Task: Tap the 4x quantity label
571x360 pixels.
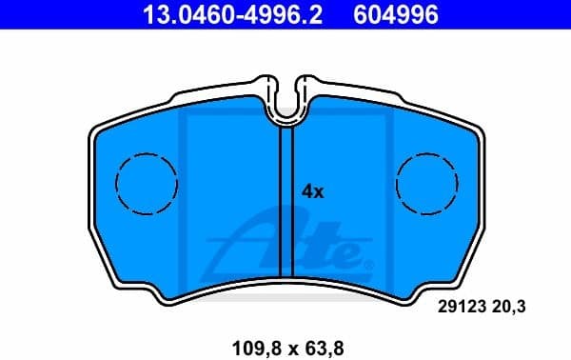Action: [x=313, y=191]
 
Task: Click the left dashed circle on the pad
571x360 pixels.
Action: [x=147, y=182]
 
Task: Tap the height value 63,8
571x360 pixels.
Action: [x=322, y=337]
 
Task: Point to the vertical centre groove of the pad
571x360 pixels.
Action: [x=285, y=190]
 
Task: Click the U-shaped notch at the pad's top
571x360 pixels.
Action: [x=286, y=106]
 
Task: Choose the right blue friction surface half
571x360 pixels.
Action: [x=381, y=190]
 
